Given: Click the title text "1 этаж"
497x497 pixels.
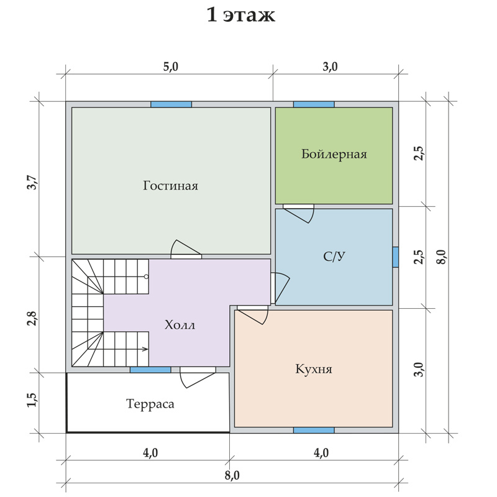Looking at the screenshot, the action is point(240,15).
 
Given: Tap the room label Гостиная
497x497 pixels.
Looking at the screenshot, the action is point(170,186).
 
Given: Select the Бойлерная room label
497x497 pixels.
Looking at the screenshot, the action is point(334,154).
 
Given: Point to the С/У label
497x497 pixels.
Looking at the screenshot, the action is point(334,256).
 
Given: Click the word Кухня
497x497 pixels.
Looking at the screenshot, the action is point(314,369).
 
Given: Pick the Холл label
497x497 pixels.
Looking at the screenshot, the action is point(180,325).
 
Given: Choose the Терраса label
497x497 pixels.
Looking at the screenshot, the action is point(150,404).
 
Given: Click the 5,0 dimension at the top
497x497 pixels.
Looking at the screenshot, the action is point(170,67).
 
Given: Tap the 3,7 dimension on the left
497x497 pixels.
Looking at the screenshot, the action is point(32,182).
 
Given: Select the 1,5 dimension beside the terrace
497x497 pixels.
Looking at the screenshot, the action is point(32,400).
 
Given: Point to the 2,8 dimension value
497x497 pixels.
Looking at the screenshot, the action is point(32,319).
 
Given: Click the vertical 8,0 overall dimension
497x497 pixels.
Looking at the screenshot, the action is point(441,257).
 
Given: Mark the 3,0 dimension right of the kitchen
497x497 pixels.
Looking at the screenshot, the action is point(419,369).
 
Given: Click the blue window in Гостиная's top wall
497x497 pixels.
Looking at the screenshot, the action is point(171,104).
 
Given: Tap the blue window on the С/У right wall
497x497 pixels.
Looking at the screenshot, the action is point(396,257).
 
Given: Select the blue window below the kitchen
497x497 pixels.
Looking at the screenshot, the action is point(314,430).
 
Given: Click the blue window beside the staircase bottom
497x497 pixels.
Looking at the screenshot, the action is point(150,370).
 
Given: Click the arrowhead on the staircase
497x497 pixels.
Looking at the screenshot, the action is point(146,349).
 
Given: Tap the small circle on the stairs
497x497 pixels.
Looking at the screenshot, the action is point(146,276).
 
